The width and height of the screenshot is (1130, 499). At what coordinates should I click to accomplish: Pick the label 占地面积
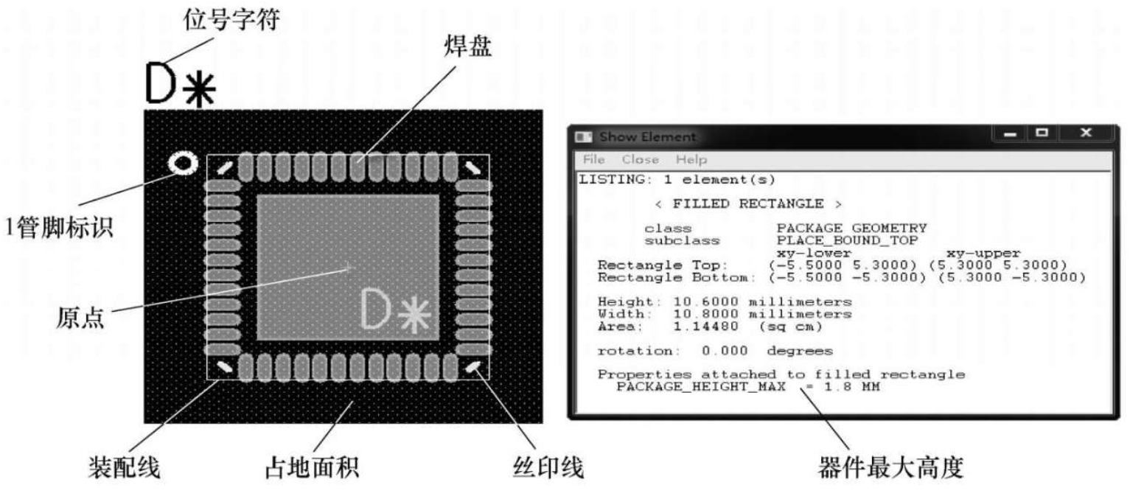tap(313, 467)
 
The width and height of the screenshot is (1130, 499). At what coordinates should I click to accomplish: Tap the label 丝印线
tap(547, 467)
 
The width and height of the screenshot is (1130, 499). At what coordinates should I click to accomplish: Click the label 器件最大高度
tap(890, 468)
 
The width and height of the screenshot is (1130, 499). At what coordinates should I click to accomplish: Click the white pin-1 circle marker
tap(181, 163)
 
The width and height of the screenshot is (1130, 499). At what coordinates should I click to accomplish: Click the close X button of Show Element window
tap(1085, 133)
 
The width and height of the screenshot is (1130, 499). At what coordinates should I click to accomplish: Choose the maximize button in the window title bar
tap(1042, 133)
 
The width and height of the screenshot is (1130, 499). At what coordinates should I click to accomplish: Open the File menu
tap(593, 159)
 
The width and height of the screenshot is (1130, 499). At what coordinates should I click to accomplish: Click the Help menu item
tap(691, 159)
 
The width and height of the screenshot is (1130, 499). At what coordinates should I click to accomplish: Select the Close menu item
tap(640, 159)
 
